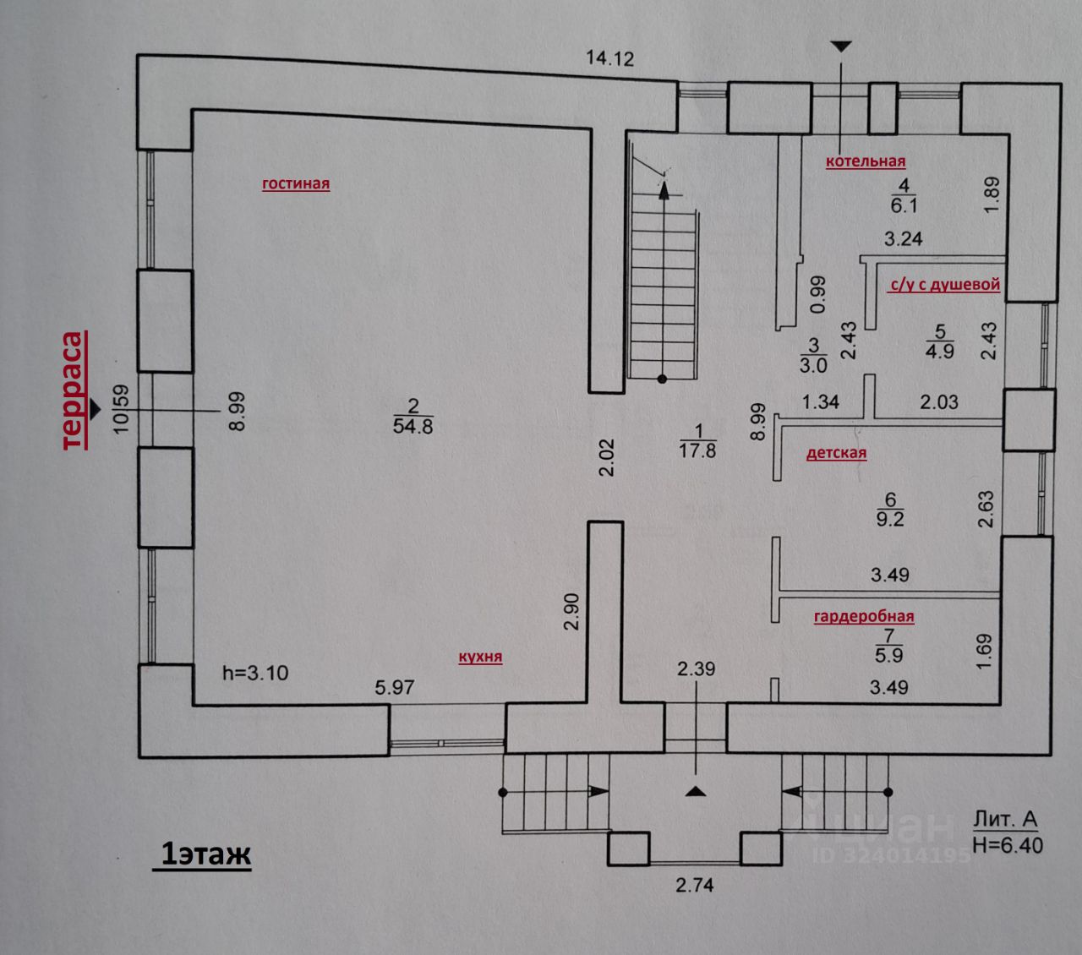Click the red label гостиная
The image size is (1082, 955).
(296, 183)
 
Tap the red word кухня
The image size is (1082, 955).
(480, 657)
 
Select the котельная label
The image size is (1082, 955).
(866, 161)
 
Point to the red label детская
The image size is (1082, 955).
(836, 454)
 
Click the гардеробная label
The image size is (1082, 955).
(864, 616)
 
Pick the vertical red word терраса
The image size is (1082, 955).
(74, 391)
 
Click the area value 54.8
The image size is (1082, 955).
(413, 426)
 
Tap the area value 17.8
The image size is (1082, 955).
(697, 450)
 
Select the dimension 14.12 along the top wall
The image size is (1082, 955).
(610, 57)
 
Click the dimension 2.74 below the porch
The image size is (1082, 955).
(694, 885)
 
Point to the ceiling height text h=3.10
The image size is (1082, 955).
(255, 673)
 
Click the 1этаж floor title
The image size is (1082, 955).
(205, 854)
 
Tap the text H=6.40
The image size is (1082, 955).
(1008, 845)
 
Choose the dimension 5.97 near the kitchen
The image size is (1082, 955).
(394, 687)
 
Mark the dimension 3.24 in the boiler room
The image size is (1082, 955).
(903, 238)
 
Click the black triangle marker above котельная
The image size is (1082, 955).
(842, 46)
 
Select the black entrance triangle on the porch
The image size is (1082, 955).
(695, 791)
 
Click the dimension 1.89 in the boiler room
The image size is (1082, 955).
(992, 195)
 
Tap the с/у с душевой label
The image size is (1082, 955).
(944, 285)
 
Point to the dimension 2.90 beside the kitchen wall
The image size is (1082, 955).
(571, 612)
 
